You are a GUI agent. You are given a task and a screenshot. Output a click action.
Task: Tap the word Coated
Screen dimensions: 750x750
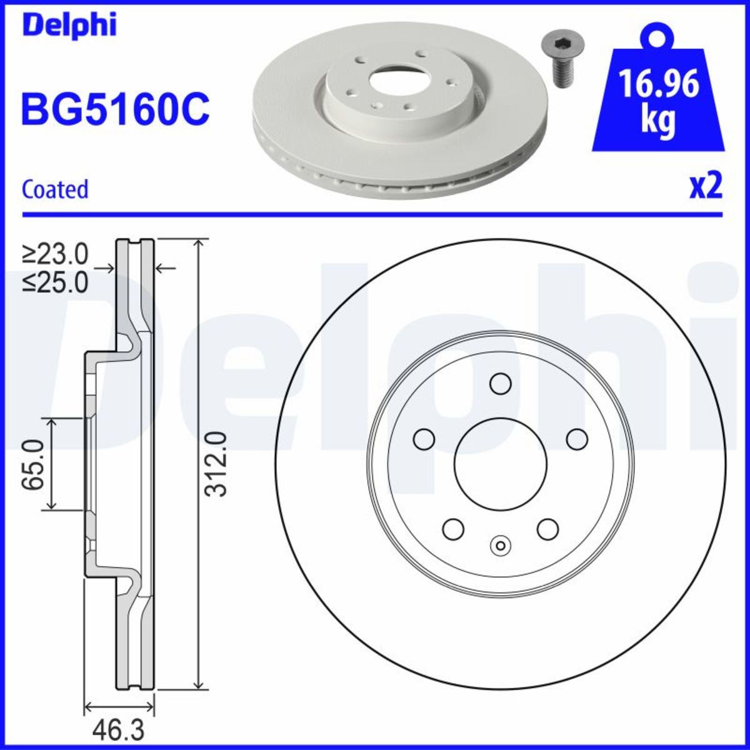tap(55, 189)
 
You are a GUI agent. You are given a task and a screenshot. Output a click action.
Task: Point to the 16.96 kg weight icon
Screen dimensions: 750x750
tap(657, 94)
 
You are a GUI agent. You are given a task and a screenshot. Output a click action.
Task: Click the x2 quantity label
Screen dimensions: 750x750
tap(705, 186)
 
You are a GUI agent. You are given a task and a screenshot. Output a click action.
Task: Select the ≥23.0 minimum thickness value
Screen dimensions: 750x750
tap(56, 254)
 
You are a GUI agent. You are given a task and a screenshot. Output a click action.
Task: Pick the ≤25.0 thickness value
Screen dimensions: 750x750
tap(56, 282)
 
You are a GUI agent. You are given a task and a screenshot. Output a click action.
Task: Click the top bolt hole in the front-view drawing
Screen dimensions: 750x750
tap(501, 383)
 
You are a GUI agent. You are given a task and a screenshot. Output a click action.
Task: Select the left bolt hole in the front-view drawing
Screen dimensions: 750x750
tap(424, 439)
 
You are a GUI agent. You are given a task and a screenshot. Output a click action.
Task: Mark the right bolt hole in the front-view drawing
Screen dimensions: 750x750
tap(577, 439)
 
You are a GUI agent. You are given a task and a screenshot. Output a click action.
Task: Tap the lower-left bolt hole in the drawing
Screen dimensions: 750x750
tap(453, 529)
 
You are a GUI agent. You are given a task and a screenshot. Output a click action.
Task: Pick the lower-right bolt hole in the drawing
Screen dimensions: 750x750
tap(547, 529)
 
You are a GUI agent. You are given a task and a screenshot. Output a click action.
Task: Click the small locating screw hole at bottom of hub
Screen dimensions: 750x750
tap(500, 545)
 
